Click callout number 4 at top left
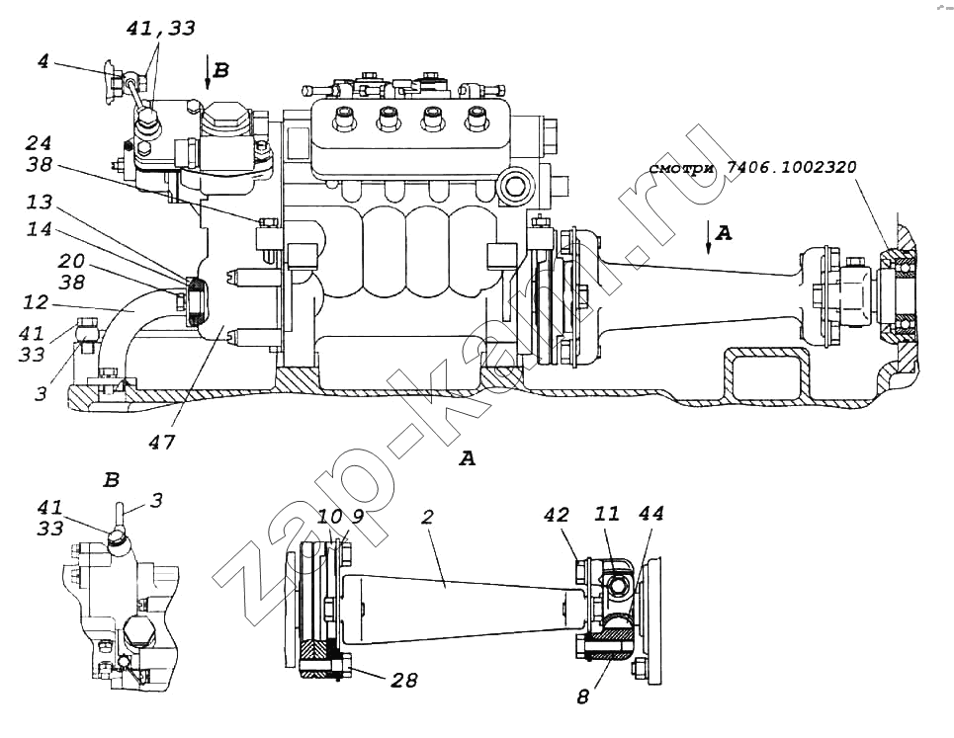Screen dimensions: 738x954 pos(43,62)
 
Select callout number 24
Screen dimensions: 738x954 pos(41,143)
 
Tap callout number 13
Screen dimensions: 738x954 pos(41,204)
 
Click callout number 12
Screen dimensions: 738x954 pos(36,300)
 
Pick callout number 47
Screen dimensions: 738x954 pos(162,442)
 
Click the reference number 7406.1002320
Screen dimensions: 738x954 pos(791,169)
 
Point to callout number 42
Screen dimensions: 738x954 pos(557,515)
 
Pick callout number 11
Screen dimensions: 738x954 pos(606,515)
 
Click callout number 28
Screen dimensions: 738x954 pos(403,681)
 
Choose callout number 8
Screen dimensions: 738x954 pos(582,697)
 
